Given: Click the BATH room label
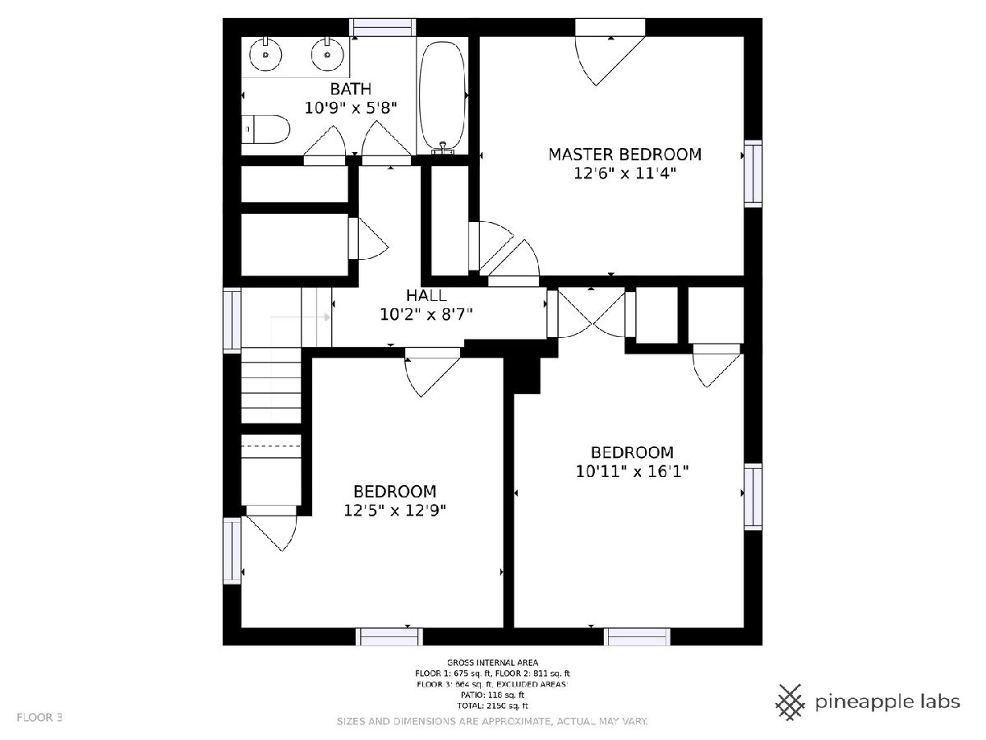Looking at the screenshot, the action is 350,89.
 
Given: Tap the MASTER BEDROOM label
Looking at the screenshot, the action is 624,155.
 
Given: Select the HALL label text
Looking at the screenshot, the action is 426,295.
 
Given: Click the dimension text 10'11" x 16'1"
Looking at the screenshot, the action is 632,471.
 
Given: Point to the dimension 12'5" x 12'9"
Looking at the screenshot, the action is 395,511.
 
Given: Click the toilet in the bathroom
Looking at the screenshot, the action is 265,129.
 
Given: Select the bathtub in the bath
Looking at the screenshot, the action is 441,95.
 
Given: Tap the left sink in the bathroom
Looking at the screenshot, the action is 265,54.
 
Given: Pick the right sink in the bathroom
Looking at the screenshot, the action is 328,54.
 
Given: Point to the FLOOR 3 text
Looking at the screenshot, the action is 39,718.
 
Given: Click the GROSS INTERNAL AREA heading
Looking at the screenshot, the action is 492,662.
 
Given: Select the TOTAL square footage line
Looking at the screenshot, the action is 492,705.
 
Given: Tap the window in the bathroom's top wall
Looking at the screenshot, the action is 383,27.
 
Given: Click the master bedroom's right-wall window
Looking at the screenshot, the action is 753,173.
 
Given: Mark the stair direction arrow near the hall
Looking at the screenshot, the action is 301,317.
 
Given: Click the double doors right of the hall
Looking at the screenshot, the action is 591,313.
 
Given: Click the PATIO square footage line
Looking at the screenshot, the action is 492,695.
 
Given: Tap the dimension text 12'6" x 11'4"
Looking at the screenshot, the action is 624,173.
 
